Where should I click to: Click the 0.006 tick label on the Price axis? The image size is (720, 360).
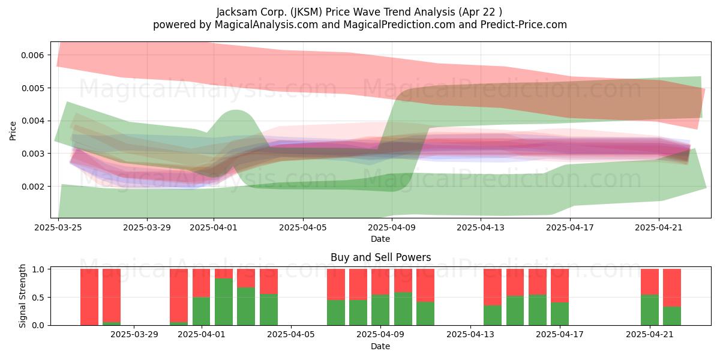[32, 55]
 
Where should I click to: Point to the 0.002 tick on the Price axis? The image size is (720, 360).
[32, 187]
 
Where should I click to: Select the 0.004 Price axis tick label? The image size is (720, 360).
[32, 121]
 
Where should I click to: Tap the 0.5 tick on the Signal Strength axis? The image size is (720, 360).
[38, 298]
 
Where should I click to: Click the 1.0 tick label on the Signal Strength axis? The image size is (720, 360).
[38, 269]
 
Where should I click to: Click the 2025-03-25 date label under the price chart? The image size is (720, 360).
[58, 227]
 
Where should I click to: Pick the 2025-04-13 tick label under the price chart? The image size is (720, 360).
[481, 227]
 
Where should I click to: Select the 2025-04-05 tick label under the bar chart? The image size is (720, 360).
[291, 334]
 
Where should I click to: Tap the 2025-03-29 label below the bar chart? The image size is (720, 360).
[134, 334]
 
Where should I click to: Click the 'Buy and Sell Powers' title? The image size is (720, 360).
[380, 257]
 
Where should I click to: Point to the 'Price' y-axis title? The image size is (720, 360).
[13, 131]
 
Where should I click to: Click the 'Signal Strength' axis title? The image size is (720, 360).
[22, 296]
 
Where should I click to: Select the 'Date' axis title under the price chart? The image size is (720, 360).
[380, 239]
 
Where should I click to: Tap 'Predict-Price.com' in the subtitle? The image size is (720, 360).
[524, 25]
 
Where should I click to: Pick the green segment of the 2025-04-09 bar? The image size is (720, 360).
[380, 310]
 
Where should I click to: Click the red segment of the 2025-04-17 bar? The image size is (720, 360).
[560, 286]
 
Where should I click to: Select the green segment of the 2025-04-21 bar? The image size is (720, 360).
[650, 310]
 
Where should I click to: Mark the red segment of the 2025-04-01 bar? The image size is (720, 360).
[201, 283]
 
